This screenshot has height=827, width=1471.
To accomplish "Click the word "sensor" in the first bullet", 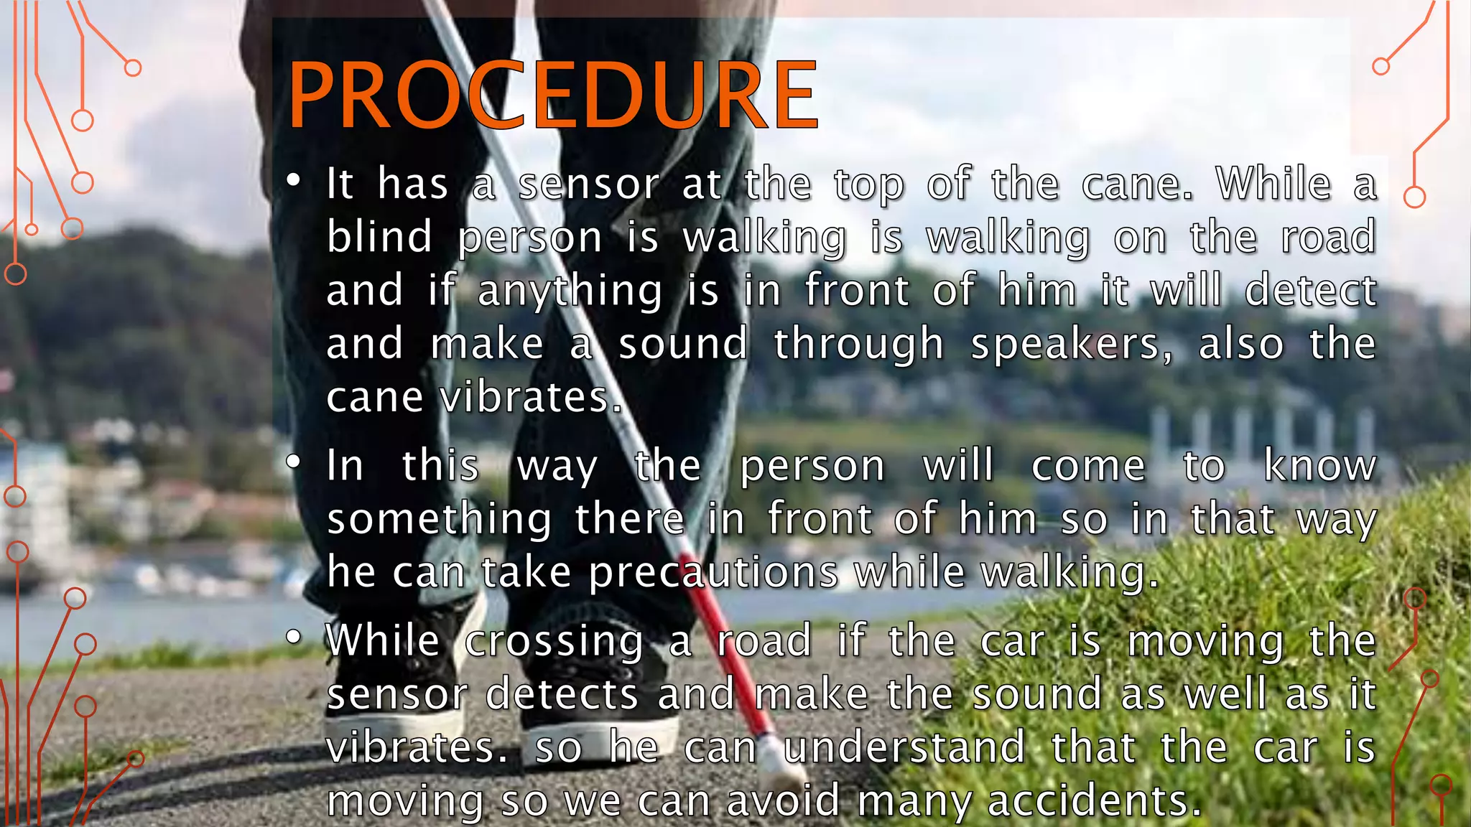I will (588, 184).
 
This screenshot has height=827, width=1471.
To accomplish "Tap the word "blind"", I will (379, 238).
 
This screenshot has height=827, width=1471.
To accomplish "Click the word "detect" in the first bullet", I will (1310, 291).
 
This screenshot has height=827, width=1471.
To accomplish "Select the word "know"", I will (1319, 466).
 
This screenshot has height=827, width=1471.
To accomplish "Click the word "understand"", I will (904, 748).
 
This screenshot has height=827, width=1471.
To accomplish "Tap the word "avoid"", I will (783, 801).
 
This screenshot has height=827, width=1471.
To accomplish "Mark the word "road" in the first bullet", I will (1329, 238).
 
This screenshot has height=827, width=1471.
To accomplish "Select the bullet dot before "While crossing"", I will (293, 637).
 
